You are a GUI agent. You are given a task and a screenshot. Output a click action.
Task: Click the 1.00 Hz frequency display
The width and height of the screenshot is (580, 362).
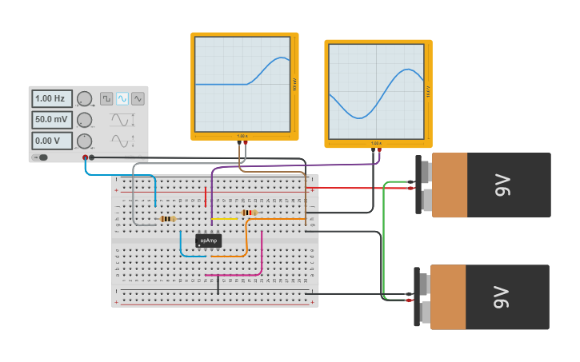pyautogui.click(x=52, y=98)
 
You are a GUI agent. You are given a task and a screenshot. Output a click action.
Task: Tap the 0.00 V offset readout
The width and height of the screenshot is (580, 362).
pyautogui.click(x=52, y=141)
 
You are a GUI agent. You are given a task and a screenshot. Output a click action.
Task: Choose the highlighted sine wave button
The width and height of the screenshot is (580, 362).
pyautogui.click(x=122, y=98)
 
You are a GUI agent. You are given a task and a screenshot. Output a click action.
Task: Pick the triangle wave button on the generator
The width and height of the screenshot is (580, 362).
pyautogui.click(x=138, y=98)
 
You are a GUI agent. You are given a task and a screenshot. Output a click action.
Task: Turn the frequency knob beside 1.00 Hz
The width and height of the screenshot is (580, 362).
pyautogui.click(x=84, y=99)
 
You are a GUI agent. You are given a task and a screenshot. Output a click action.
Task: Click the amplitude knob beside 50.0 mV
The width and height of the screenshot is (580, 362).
pyautogui.click(x=84, y=120)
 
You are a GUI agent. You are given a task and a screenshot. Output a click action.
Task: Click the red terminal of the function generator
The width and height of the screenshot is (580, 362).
pyautogui.click(x=86, y=157)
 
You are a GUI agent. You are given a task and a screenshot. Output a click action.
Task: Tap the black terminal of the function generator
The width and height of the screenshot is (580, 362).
pyautogui.click(x=92, y=157)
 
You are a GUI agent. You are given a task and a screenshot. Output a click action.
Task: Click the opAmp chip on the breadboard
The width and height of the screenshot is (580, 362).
pyautogui.click(x=208, y=240)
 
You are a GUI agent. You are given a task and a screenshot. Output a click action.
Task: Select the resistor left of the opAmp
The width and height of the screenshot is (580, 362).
pyautogui.click(x=168, y=218)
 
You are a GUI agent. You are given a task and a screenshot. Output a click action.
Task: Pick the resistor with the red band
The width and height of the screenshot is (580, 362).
pyautogui.click(x=250, y=213)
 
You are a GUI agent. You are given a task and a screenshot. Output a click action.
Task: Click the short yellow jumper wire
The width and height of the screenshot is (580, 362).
pyautogui.click(x=225, y=219)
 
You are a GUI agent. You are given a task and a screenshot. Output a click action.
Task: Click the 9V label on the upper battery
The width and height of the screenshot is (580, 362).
pyautogui.click(x=502, y=185)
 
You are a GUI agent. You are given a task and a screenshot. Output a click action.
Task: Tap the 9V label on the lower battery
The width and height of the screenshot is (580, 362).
pyautogui.click(x=501, y=297)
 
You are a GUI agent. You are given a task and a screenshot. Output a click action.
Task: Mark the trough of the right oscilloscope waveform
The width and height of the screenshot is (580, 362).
pyautogui.click(x=361, y=117)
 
